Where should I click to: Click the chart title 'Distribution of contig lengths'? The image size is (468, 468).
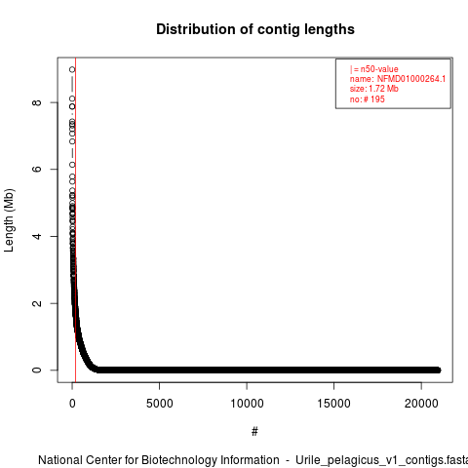pyautogui.click(x=255, y=29)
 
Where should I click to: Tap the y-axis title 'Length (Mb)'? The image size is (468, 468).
pyautogui.click(x=9, y=220)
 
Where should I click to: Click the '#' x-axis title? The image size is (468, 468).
pyautogui.click(x=254, y=432)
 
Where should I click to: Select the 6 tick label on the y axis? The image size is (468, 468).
pyautogui.click(x=37, y=169)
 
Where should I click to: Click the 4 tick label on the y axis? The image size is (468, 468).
pyautogui.click(x=37, y=236)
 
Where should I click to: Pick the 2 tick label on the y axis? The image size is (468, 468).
pyautogui.click(x=37, y=303)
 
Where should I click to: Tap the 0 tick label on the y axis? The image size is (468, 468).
pyautogui.click(x=37, y=370)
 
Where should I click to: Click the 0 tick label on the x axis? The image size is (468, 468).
pyautogui.click(x=72, y=404)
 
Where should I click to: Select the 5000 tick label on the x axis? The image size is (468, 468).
pyautogui.click(x=159, y=404)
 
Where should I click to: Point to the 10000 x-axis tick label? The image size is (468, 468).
pyautogui.click(x=247, y=404)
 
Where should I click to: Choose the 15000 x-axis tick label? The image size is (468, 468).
pyautogui.click(x=333, y=404)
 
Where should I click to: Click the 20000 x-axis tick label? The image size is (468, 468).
pyautogui.click(x=421, y=404)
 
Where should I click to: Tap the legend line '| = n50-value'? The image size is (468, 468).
pyautogui.click(x=373, y=69)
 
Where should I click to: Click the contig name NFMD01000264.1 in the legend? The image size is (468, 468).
pyautogui.click(x=411, y=79)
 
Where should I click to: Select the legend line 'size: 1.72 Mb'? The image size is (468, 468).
pyautogui.click(x=373, y=89)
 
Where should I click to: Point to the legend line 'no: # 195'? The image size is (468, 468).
pyautogui.click(x=368, y=99)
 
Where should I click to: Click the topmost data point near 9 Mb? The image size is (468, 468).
pyautogui.click(x=72, y=69)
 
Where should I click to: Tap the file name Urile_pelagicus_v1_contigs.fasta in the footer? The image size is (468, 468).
pyautogui.click(x=381, y=460)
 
